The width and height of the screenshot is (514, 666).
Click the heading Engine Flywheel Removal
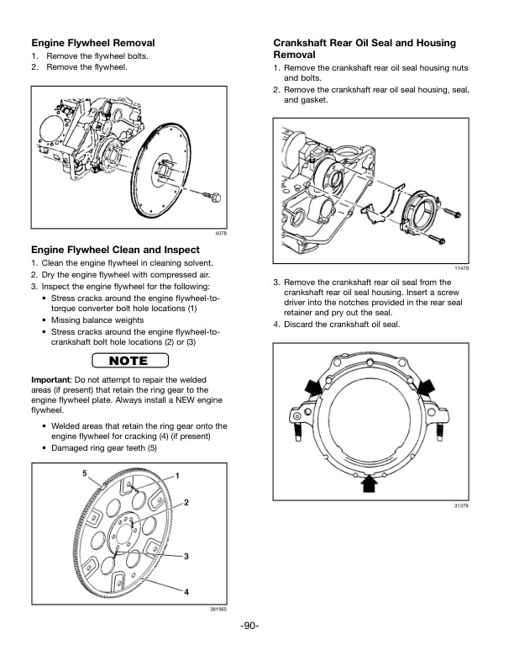92,42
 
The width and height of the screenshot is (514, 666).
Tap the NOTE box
128,362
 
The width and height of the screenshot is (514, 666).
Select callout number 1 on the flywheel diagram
177,476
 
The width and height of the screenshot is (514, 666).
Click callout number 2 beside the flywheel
186,503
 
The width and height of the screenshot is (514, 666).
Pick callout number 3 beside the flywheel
185,557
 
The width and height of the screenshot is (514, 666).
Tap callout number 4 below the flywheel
186,592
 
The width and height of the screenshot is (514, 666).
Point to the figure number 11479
461,267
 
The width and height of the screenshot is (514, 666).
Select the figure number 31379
461,505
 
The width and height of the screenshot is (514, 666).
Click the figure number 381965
218,609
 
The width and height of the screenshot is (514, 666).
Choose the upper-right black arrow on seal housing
425,386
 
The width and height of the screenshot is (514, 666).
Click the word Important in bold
51,380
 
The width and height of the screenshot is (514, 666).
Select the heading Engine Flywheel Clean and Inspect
115,250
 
